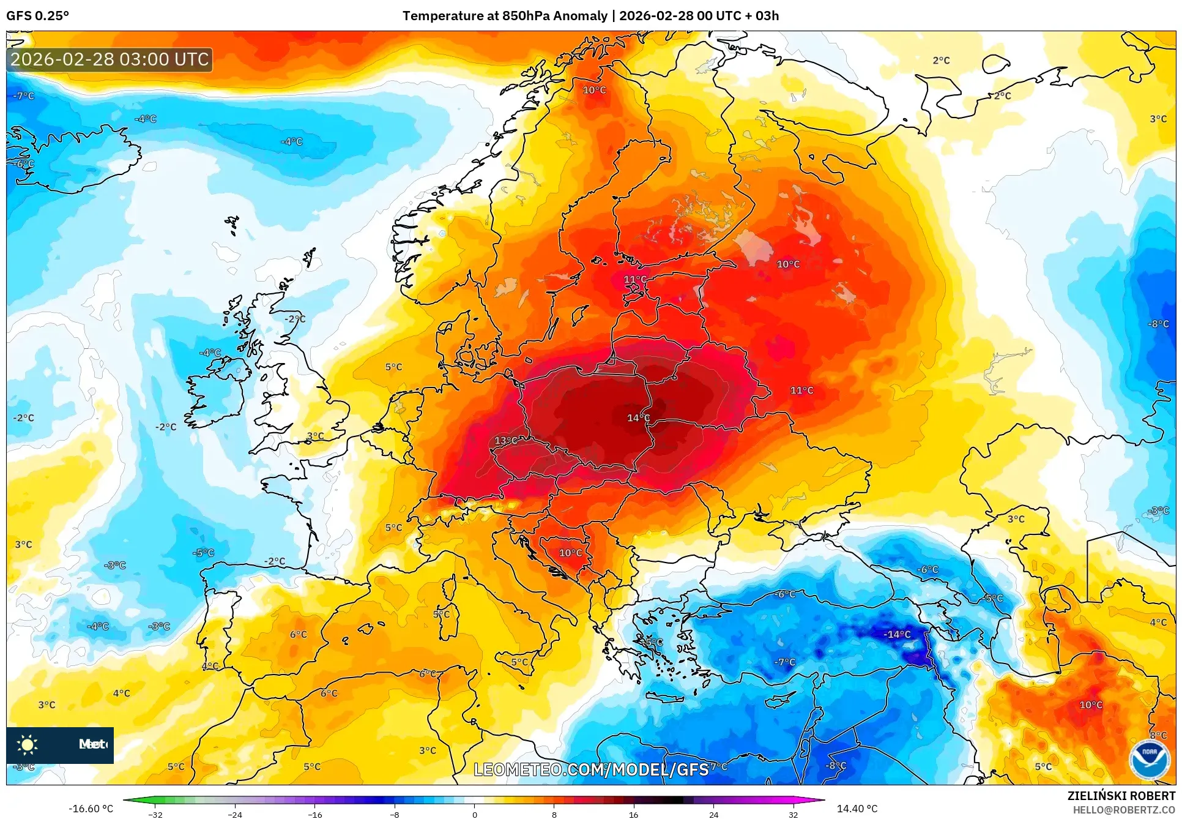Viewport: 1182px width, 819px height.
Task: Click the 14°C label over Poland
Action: [x=638, y=417]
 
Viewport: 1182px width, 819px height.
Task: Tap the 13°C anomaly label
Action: [x=507, y=440]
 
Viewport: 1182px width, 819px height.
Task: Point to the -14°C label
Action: [x=897, y=634]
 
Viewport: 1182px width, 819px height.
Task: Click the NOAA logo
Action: [x=1148, y=760]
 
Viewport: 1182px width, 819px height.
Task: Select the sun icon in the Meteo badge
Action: [x=28, y=745]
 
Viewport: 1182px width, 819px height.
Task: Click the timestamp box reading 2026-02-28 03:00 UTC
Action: [x=110, y=59]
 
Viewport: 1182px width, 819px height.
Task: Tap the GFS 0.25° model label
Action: [x=37, y=16]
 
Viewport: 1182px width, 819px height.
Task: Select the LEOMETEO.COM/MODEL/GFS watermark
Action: [x=591, y=769]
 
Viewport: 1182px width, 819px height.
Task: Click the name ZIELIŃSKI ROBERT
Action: [x=1121, y=796]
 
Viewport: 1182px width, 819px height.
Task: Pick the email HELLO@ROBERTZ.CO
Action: [x=1124, y=810]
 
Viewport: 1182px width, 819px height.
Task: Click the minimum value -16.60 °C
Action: [x=91, y=809]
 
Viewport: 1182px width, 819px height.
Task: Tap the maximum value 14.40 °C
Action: [x=857, y=809]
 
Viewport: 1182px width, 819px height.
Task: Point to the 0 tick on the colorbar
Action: [x=474, y=814]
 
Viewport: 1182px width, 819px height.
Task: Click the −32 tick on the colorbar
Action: [x=155, y=814]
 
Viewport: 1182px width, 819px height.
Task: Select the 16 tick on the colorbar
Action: [x=633, y=814]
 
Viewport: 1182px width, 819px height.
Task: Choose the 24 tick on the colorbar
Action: [x=713, y=814]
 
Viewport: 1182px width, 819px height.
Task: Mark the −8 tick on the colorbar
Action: [x=395, y=814]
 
